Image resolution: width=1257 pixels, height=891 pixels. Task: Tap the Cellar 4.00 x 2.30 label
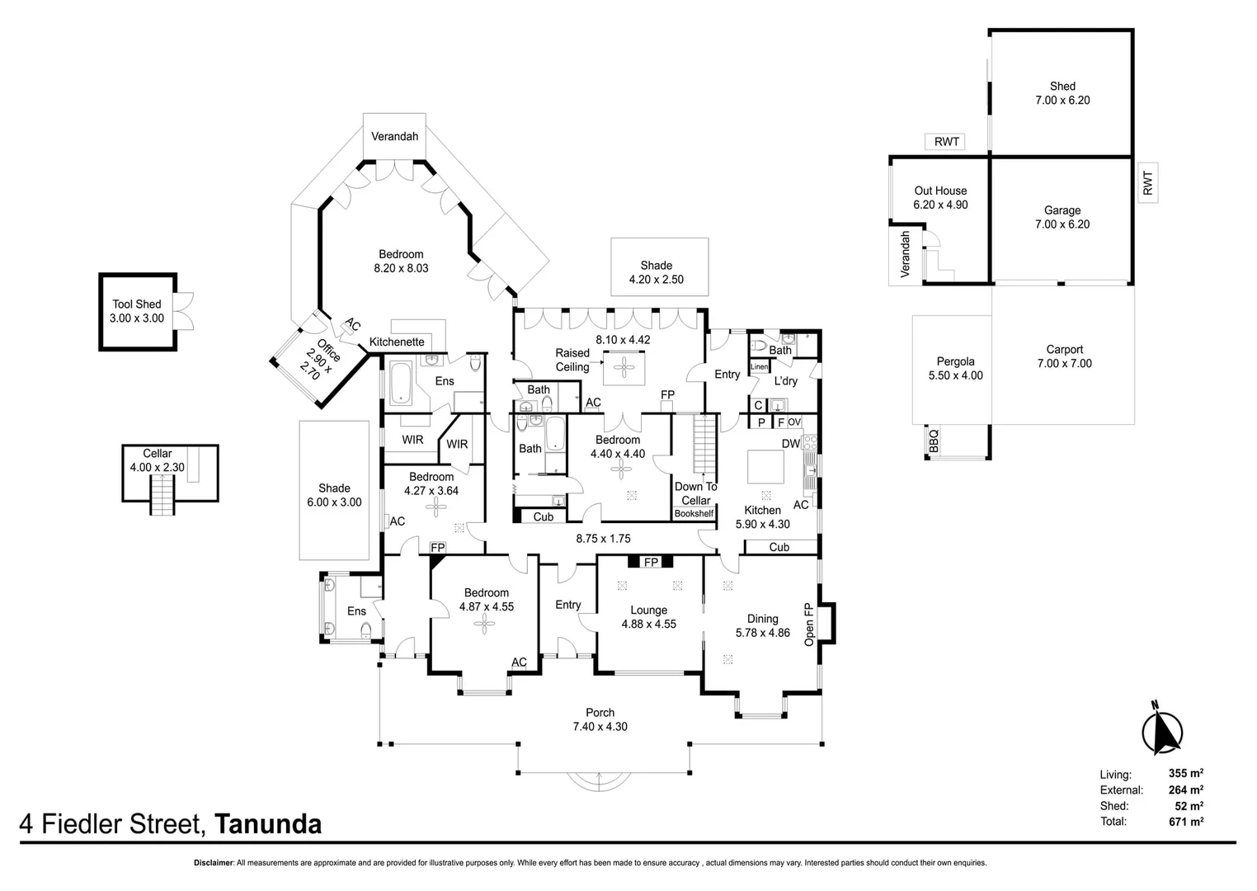tap(157, 460)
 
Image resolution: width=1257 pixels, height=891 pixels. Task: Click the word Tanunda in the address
tap(268, 824)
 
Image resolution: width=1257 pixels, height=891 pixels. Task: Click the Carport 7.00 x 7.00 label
tap(1064, 356)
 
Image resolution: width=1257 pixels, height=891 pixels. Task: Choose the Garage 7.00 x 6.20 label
tap(1062, 217)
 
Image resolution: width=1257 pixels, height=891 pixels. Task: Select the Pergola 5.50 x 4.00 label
tap(955, 368)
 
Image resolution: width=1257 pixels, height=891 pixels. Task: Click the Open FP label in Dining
tap(808, 625)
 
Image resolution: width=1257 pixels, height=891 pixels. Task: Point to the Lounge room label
tap(648, 617)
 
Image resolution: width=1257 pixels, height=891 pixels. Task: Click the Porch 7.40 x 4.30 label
tap(600, 719)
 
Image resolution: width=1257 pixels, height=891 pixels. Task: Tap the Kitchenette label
tap(397, 342)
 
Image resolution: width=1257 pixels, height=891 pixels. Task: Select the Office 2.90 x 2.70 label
tap(319, 357)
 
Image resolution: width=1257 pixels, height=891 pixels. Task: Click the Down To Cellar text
tap(695, 493)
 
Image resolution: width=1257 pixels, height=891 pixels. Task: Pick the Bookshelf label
tap(694, 513)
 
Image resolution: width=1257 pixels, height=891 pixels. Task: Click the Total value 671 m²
tap(1185, 821)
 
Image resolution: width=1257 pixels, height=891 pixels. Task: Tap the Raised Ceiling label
tap(572, 360)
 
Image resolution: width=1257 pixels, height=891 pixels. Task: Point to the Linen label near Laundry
tap(759, 366)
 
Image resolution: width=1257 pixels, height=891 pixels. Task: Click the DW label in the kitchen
tap(790, 443)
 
